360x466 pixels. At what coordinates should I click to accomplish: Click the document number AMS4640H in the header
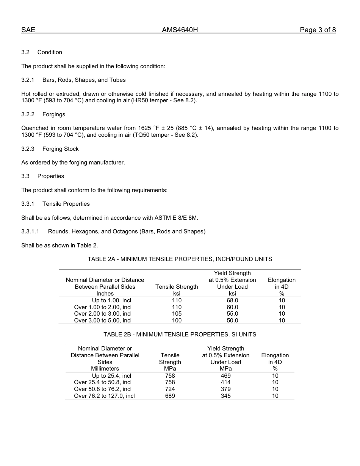pyautogui.click(x=180, y=30)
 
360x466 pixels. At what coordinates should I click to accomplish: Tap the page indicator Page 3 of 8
pyautogui.click(x=318, y=30)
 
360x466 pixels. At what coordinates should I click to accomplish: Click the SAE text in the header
pyautogui.click(x=28, y=30)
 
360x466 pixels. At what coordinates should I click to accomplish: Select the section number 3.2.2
pyautogui.click(x=28, y=114)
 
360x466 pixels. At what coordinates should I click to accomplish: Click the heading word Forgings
pyautogui.click(x=54, y=114)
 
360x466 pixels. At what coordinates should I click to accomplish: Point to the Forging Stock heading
pyautogui.click(x=61, y=149)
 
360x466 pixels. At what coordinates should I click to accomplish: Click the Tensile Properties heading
pyautogui.click(x=66, y=204)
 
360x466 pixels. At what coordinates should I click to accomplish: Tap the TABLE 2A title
pyautogui.click(x=180, y=259)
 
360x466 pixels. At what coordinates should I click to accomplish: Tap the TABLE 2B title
pyautogui.click(x=180, y=335)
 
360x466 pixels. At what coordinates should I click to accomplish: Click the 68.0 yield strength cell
pyautogui.click(x=232, y=300)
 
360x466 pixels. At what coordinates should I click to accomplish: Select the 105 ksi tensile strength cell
pyautogui.click(x=177, y=314)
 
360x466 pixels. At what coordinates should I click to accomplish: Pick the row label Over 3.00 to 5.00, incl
pyautogui.click(x=103, y=321)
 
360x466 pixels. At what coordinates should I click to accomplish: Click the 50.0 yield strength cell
pyautogui.click(x=232, y=321)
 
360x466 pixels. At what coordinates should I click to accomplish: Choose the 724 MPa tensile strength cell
pyautogui.click(x=170, y=389)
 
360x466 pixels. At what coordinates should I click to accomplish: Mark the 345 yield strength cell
pyautogui.click(x=225, y=396)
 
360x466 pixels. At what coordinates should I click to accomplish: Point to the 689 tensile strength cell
pyautogui.click(x=170, y=396)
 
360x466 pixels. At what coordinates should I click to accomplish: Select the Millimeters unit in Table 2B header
pyautogui.click(x=105, y=369)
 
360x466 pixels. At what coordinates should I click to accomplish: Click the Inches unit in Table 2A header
pyautogui.click(x=105, y=294)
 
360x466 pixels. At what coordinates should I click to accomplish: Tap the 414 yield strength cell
pyautogui.click(x=225, y=382)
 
